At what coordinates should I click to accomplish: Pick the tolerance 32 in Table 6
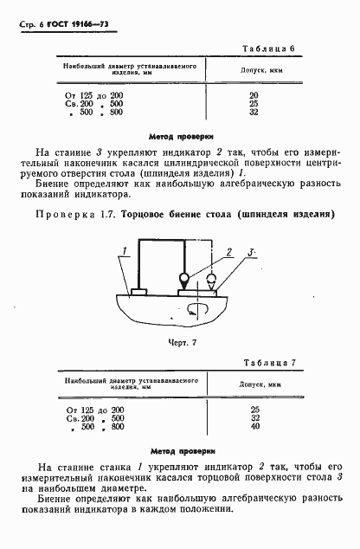pyautogui.click(x=254, y=111)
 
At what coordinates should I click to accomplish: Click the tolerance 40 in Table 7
pyautogui.click(x=254, y=426)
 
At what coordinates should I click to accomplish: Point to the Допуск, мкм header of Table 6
pyautogui.click(x=254, y=71)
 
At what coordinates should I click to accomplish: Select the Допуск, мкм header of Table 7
pyautogui.click(x=254, y=383)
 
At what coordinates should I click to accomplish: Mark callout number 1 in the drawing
pyautogui.click(x=125, y=252)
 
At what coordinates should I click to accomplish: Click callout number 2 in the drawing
pyautogui.click(x=230, y=252)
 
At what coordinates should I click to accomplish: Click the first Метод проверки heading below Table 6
pyautogui.click(x=180, y=136)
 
